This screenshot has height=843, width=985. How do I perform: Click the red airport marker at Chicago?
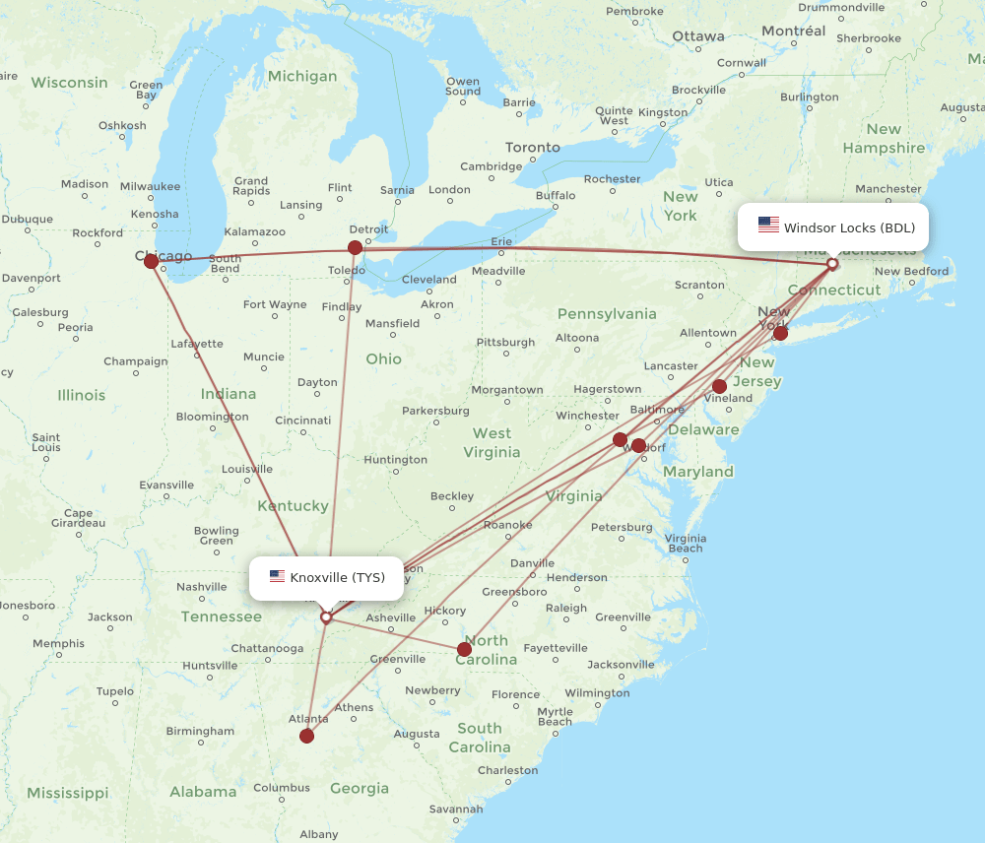point(151,261)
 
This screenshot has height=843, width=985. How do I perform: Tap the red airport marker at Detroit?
point(356,247)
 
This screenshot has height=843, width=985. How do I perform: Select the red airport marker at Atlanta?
point(307,736)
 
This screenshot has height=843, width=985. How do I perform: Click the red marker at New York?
point(780,333)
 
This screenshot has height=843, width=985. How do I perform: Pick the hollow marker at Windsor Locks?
point(832,263)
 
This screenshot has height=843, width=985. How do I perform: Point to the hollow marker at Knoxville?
point(326,617)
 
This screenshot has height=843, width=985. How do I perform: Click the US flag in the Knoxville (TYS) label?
point(277,577)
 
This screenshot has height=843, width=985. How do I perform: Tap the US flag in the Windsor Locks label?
point(768,226)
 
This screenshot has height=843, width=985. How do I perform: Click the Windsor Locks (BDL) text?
point(849,227)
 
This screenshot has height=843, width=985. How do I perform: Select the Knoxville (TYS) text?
point(337,577)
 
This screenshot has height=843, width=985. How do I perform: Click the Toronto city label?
point(533,148)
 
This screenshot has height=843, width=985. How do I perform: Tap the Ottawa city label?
point(698,36)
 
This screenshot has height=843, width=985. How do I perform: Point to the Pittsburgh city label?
point(505,343)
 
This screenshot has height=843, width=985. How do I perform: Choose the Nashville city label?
point(202,587)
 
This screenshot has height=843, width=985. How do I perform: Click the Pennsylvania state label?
point(607,314)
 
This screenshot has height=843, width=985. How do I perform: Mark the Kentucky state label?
point(293,506)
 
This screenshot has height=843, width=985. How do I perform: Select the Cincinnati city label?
point(303,421)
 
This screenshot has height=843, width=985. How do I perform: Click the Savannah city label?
point(455,810)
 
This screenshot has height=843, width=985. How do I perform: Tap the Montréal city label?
point(793,32)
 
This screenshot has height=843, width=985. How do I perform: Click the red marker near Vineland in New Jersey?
point(720,386)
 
